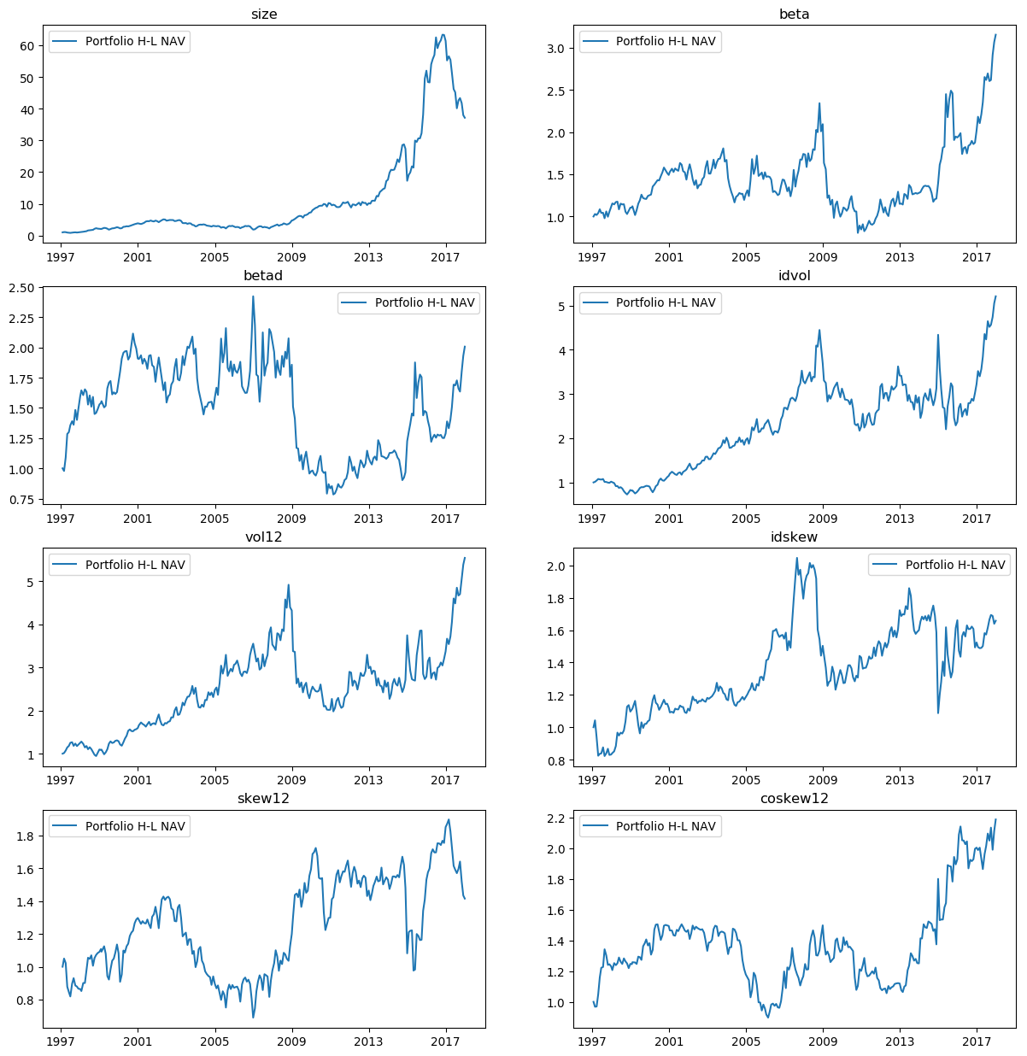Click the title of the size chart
264,14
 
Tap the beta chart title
795,14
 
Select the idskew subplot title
795,537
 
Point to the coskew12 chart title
795,798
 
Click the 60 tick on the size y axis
27,46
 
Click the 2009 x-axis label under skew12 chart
291,1041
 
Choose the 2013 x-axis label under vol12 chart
368,780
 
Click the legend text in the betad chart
425,302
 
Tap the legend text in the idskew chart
955,565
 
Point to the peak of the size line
443,35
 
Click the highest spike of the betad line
253,296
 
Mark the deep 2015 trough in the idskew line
938,713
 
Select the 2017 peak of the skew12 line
449,820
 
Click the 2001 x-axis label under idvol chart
669,519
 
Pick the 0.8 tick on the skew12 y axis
27,1000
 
